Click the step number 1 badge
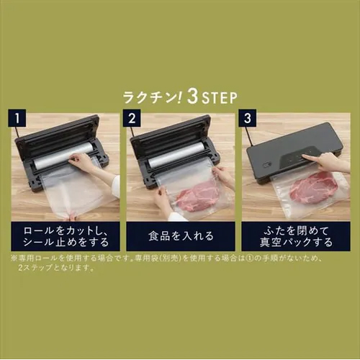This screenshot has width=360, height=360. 17,118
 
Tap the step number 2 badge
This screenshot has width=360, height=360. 132,118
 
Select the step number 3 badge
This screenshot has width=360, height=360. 248,118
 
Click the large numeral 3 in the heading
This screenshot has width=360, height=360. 193,96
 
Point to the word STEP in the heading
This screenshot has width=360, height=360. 220,98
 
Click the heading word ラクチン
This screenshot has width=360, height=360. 149,97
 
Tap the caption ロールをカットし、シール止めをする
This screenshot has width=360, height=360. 66,236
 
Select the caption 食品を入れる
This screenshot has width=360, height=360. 181,236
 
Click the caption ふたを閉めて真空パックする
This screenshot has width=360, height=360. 296,237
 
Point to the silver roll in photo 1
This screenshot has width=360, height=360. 63,156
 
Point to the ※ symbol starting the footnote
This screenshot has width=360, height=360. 14,258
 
